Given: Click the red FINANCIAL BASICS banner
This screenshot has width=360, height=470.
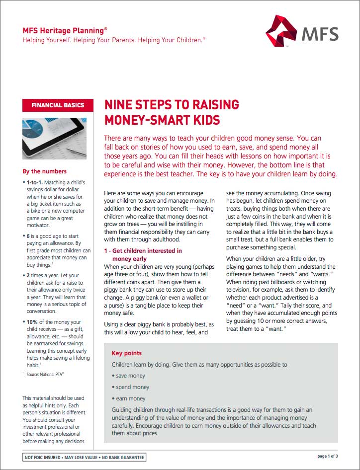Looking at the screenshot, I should [x=58, y=105].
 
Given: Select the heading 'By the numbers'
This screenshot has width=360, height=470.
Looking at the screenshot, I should [x=45, y=171].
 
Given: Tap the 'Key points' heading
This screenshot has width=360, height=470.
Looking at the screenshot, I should [x=127, y=353].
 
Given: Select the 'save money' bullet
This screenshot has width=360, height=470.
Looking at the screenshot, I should [x=130, y=376].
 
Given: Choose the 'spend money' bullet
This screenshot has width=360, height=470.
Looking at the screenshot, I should [x=132, y=387].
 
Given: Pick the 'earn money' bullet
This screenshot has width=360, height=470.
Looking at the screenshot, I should [x=130, y=398].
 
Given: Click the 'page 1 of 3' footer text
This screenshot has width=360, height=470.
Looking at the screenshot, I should [x=327, y=456].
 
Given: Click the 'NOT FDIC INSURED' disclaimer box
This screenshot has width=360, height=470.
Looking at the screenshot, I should [x=85, y=457].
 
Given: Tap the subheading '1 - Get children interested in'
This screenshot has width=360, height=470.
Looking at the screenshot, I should [x=143, y=251].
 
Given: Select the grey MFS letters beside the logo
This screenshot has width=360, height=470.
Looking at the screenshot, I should [x=320, y=34].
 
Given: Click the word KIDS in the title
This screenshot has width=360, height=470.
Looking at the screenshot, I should [x=203, y=120].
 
